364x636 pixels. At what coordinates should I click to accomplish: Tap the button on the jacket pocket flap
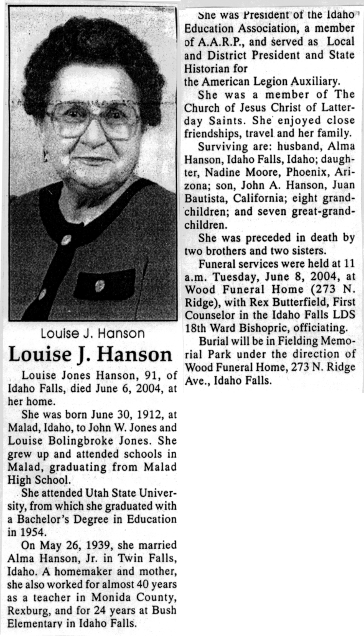point(100,285)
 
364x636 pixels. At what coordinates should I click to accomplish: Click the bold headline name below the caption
point(90,355)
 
